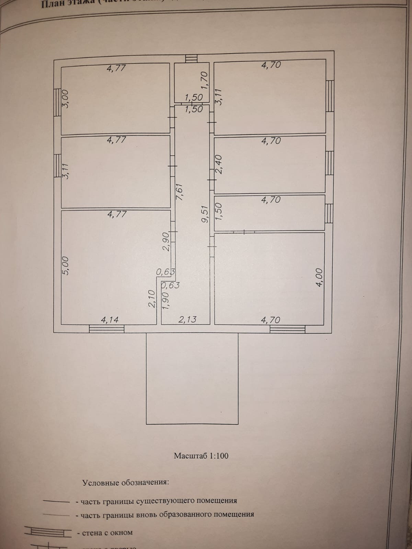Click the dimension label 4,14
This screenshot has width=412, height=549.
click(110, 320)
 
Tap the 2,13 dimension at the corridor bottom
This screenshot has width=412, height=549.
click(187, 319)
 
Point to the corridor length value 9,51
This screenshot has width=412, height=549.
click(205, 214)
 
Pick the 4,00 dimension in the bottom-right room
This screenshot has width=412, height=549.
click(319, 278)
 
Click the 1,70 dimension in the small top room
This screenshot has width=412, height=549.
click(205, 80)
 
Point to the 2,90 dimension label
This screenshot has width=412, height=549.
click(166, 242)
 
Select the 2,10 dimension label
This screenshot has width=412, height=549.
click(153, 299)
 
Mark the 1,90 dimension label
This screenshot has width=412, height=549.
click(165, 301)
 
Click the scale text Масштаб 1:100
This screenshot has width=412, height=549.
click(201, 456)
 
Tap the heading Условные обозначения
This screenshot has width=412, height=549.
click(125, 482)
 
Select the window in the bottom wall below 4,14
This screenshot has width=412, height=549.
click(106, 329)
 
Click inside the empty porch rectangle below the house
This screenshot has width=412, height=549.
click(192, 377)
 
